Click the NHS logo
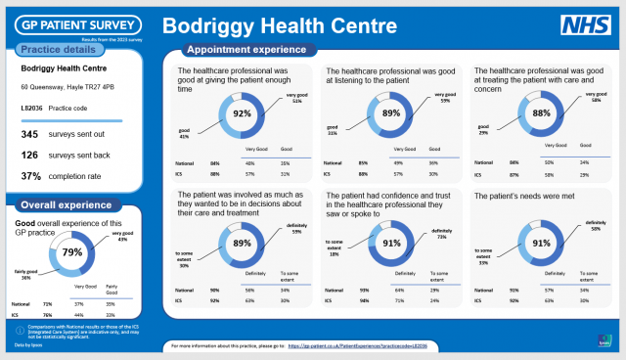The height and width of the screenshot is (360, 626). point(584,26)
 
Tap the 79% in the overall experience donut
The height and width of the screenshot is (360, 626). point(71,251)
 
